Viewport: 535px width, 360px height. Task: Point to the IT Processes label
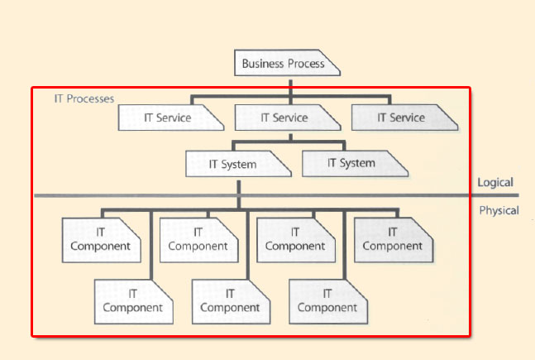click(x=84, y=99)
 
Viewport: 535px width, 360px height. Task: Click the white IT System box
click(x=238, y=164)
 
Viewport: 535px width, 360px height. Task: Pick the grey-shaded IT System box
click(x=355, y=163)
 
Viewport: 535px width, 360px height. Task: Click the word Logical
click(x=495, y=183)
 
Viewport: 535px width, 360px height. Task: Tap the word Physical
click(x=499, y=210)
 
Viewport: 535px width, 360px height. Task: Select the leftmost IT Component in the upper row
click(x=101, y=239)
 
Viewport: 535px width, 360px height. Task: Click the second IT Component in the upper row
click(x=198, y=239)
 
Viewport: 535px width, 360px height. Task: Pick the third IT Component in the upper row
click(x=295, y=239)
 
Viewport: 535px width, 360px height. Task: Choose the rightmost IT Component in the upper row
click(x=393, y=239)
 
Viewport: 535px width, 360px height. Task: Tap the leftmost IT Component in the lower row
click(x=133, y=300)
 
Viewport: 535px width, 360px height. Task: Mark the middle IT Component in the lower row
click(x=230, y=300)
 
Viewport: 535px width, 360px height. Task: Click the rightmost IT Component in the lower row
click(x=327, y=300)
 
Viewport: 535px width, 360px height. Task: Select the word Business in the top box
click(x=262, y=64)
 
